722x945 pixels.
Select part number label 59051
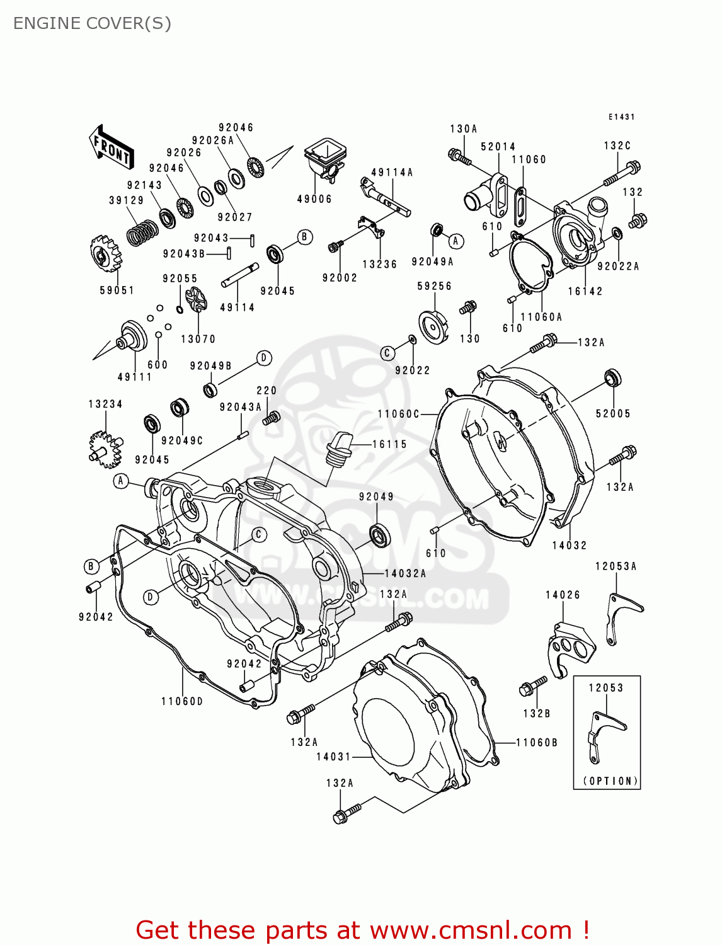pos(117,290)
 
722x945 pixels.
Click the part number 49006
pos(314,199)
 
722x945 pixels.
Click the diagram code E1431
pos(621,117)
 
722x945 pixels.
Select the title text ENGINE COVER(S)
pos(92,23)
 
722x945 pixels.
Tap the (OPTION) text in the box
pos(610,781)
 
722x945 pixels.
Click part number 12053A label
pos(616,566)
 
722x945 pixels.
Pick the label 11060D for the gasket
pos(182,701)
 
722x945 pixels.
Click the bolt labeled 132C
pos(622,174)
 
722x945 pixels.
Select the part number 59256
pos(434,286)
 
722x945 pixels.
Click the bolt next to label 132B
pos(533,686)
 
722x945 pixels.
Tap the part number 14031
pos(333,757)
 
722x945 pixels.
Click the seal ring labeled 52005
pos(612,378)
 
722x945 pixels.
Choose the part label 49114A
pos(392,173)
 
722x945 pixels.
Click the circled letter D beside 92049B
pos(264,358)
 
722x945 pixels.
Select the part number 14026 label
pos(563,595)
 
